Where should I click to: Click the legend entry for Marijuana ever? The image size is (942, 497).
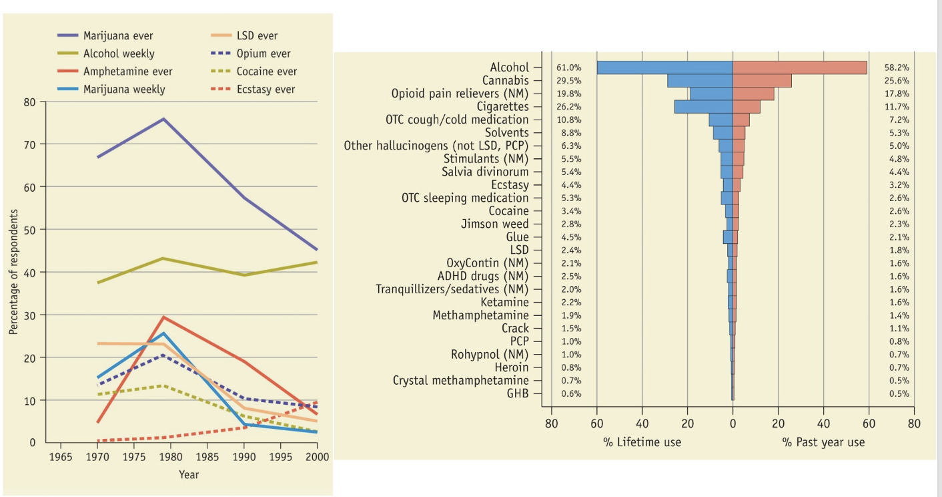[x=117, y=36]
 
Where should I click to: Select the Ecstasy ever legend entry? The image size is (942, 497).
[x=266, y=89]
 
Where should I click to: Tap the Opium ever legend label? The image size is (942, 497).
[x=263, y=53]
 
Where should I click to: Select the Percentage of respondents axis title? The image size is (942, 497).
[x=13, y=272]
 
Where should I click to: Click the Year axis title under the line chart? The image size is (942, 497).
[x=188, y=474]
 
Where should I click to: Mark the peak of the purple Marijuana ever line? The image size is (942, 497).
[x=163, y=119]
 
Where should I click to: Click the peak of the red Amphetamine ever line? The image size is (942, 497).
[x=163, y=317]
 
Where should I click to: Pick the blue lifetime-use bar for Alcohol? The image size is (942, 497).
[x=664, y=67]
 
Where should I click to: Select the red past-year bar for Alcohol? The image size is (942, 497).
[x=799, y=67]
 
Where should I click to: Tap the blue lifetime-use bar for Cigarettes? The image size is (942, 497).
[x=703, y=107]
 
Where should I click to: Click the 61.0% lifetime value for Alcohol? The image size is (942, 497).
[x=568, y=67]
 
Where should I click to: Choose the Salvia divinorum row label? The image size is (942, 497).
[x=484, y=172]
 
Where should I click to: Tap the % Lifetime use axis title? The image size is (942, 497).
[x=642, y=442]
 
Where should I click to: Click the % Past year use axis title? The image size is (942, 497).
[x=823, y=442]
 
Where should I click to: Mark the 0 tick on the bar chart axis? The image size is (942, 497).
[x=733, y=423]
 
